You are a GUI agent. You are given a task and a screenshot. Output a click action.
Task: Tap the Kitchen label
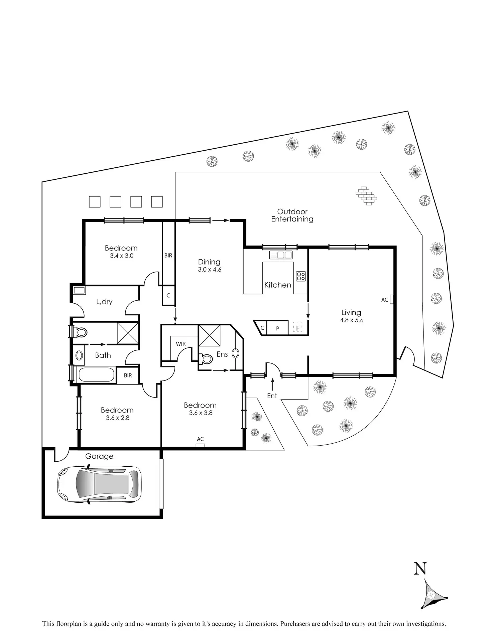(x=277, y=285)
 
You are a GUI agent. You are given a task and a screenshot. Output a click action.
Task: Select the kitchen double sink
(x=281, y=255)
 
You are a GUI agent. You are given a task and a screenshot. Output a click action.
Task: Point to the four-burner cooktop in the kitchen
(x=301, y=276)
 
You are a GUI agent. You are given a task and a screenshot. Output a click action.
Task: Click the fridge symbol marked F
(x=297, y=327)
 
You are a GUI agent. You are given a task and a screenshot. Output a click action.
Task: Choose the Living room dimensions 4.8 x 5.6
(x=352, y=320)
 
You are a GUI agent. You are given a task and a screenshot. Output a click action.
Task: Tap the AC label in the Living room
(x=385, y=300)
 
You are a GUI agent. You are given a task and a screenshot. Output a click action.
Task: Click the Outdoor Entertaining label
(x=292, y=215)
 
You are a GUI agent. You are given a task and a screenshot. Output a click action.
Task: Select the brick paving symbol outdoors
(x=366, y=195)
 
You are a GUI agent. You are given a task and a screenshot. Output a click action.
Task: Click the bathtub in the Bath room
(x=96, y=375)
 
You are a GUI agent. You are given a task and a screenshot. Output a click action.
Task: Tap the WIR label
(x=181, y=344)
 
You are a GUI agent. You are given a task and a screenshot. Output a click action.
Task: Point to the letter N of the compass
(x=420, y=568)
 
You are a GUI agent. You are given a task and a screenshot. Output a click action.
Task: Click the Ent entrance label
(x=272, y=396)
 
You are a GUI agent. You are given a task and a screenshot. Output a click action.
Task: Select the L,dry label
(x=104, y=302)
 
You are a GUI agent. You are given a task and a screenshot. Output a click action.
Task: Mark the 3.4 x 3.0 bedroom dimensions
(x=122, y=256)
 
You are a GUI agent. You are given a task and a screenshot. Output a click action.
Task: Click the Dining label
(x=209, y=262)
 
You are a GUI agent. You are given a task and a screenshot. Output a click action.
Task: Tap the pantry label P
(x=277, y=329)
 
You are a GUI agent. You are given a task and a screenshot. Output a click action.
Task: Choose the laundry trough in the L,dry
(x=79, y=290)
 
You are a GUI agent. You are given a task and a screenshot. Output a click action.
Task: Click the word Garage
(x=99, y=456)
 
